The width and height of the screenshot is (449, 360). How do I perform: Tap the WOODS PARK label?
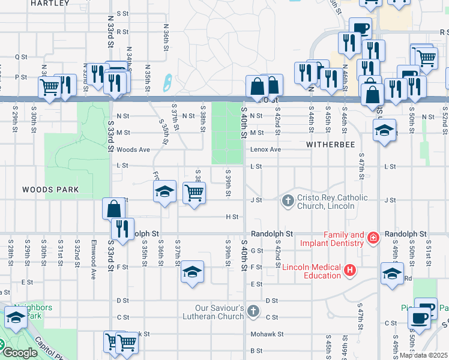(x=50, y=190)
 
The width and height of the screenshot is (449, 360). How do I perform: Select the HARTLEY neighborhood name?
(x=46, y=3)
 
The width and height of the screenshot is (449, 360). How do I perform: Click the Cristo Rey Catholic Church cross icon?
(x=288, y=200)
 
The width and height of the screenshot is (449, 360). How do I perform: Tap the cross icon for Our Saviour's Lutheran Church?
(x=253, y=311)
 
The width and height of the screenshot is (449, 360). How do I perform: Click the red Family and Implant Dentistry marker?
(x=373, y=238)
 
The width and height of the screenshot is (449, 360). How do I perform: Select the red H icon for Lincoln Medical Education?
(x=349, y=271)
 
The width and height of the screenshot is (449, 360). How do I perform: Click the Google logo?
(x=20, y=353)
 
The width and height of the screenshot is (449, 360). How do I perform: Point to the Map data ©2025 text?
(x=423, y=355)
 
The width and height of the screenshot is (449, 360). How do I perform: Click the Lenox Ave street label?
(x=265, y=149)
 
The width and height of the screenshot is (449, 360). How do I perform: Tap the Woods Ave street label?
(x=133, y=149)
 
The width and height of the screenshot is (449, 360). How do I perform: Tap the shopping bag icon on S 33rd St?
(x=113, y=209)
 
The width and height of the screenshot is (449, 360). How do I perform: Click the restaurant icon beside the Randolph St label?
(x=122, y=230)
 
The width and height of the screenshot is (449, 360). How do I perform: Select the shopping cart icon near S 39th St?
(x=194, y=194)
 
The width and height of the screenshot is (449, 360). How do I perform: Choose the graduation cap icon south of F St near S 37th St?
(x=192, y=273)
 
